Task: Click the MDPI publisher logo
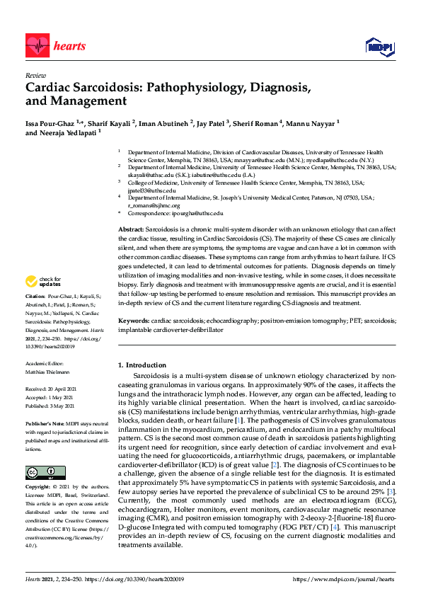pyautogui.click(x=378, y=47)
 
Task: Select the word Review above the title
pyautogui.click(x=35, y=75)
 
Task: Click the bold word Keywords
pyautogui.click(x=132, y=321)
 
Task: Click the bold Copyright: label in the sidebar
pyautogui.click(x=40, y=488)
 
